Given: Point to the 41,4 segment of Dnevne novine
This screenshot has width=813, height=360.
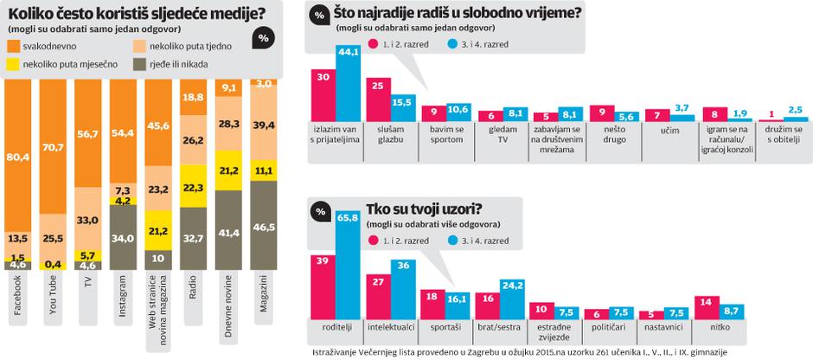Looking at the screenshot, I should [230, 234].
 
